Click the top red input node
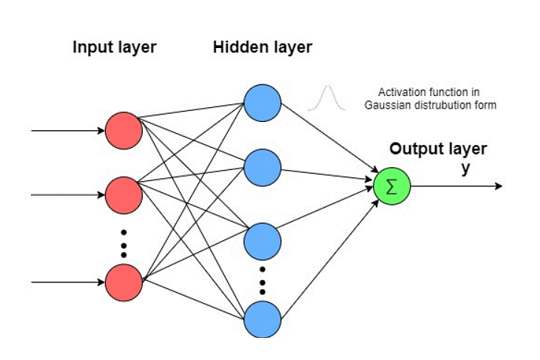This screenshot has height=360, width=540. [123, 131]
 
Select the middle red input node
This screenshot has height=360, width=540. [123, 195]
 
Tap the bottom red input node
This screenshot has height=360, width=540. [123, 282]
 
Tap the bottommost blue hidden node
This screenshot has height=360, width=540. [263, 319]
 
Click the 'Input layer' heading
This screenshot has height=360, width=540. [115, 48]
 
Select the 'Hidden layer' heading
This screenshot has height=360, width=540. [263, 48]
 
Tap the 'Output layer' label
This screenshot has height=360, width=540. [439, 149]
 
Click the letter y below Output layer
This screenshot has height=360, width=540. [465, 169]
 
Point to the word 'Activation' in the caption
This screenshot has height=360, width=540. [400, 93]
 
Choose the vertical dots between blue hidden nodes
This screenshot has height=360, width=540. [263, 279]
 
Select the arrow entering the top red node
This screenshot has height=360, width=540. [67, 131]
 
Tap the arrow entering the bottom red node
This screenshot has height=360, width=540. [67, 282]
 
